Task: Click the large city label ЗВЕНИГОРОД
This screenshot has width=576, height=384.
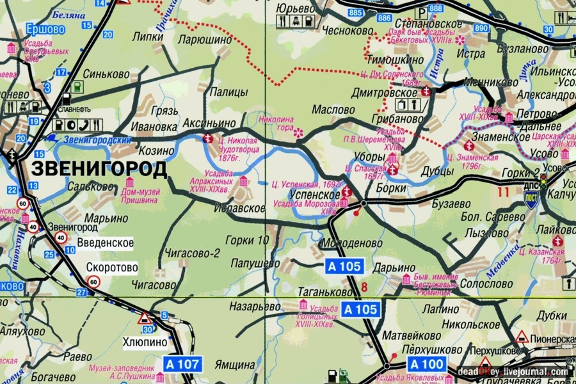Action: pos(99,169)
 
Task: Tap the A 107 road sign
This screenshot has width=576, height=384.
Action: pos(184,365)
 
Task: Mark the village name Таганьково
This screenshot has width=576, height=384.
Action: pos(324,291)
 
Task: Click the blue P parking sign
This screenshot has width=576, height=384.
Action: pos(421,12)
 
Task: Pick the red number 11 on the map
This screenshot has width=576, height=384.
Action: pos(502,190)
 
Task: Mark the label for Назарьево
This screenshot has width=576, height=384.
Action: pos(255,307)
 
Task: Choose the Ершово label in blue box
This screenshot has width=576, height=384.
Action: pos(45,28)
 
